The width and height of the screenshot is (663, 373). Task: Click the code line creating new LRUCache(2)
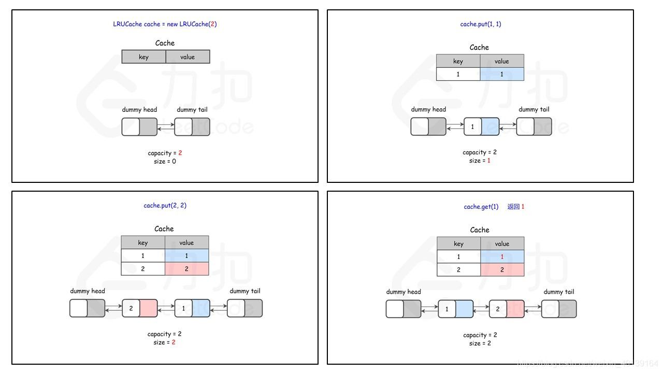pyautogui.click(x=165, y=24)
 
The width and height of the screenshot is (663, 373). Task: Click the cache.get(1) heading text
pyautogui.click(x=481, y=207)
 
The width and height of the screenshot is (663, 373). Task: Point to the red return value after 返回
pyautogui.click(x=523, y=207)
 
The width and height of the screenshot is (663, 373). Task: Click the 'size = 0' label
pyautogui.click(x=165, y=162)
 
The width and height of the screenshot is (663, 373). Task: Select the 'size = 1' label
pyautogui.click(x=480, y=161)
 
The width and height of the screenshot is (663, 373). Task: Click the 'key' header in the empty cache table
pyautogui.click(x=143, y=57)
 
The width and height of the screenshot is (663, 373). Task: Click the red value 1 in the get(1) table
pyautogui.click(x=502, y=256)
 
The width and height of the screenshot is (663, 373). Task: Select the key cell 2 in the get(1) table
pyautogui.click(x=458, y=270)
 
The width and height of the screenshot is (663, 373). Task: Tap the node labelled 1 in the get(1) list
pyautogui.click(x=456, y=309)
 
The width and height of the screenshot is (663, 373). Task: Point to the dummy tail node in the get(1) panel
pyautogui.click(x=559, y=309)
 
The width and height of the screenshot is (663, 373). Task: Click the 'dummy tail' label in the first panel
pyautogui.click(x=192, y=109)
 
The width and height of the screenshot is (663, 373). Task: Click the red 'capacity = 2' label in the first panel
pyautogui.click(x=165, y=153)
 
